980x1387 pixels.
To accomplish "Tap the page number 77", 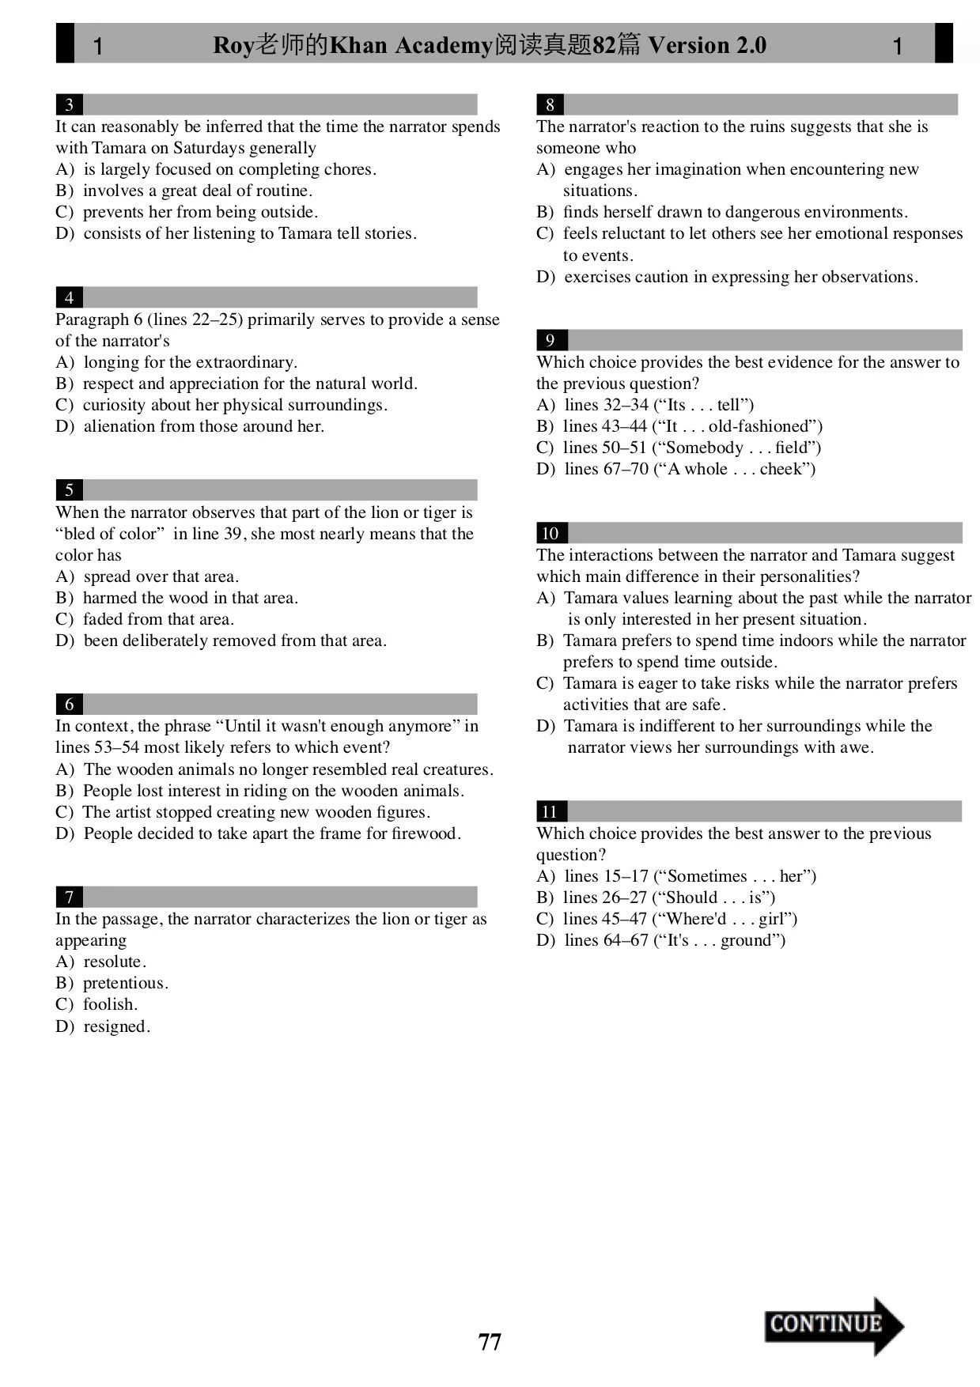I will [x=490, y=1342].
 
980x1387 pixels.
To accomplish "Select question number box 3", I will [x=70, y=104].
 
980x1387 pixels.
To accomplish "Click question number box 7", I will [x=70, y=897].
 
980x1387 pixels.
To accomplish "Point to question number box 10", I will [x=551, y=533].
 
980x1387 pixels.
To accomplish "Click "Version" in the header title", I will [x=689, y=45].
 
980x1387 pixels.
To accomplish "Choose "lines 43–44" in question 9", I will [x=605, y=426].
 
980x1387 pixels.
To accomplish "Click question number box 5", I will [x=70, y=490].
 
